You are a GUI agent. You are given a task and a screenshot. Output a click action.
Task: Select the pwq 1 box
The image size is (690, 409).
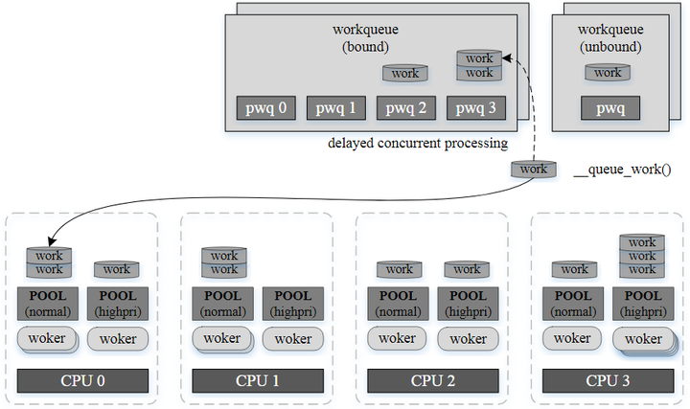pyautogui.click(x=337, y=108)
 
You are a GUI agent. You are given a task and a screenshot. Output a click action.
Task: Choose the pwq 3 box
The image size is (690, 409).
pyautogui.click(x=476, y=108)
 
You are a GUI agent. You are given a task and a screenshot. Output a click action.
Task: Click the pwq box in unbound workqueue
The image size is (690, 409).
pyautogui.click(x=609, y=108)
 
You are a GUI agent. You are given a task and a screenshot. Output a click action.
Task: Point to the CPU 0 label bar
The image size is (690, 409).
pyautogui.click(x=83, y=380)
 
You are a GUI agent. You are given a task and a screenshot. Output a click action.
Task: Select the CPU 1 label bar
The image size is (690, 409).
pyautogui.click(x=258, y=380)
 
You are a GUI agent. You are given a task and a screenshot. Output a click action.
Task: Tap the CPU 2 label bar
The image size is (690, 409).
pyautogui.click(x=433, y=380)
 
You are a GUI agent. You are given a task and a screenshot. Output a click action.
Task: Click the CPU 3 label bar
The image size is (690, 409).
pyautogui.click(x=608, y=380)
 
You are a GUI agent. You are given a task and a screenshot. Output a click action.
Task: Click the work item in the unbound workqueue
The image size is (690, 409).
pyautogui.click(x=608, y=73)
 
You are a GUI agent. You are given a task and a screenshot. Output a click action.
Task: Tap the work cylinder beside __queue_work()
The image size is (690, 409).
pyautogui.click(x=534, y=170)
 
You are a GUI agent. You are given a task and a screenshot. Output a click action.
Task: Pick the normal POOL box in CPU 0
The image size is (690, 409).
pyautogui.click(x=49, y=303)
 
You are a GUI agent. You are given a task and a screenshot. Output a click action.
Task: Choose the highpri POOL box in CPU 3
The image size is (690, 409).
pyautogui.click(x=642, y=303)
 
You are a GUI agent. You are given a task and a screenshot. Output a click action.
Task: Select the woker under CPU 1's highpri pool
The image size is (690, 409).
pyautogui.click(x=292, y=338)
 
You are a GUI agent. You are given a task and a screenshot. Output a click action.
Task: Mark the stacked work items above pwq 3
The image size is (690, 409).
pyautogui.click(x=479, y=66)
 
